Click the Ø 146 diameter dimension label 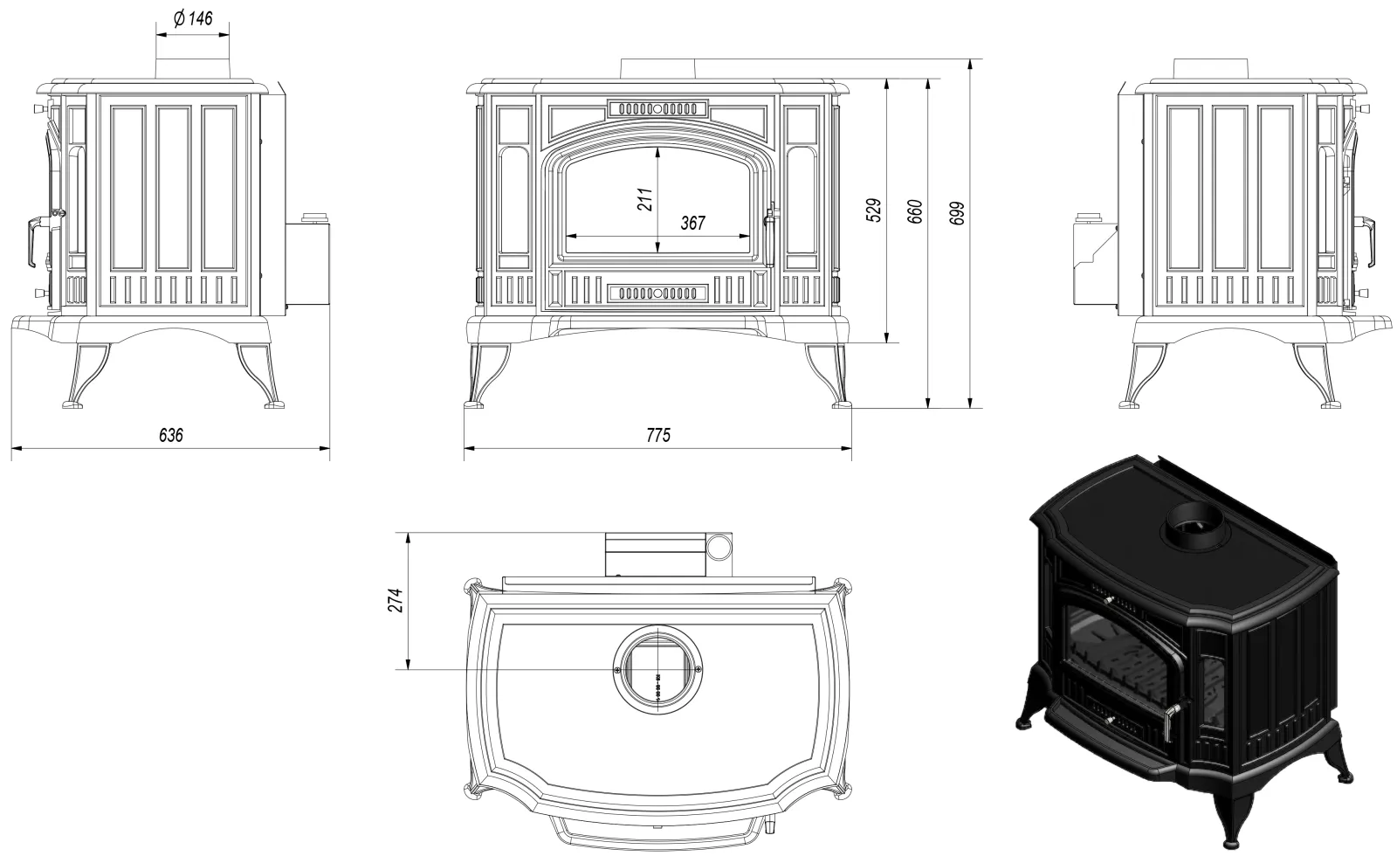[x=193, y=18]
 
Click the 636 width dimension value [x=171, y=435]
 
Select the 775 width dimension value [x=659, y=435]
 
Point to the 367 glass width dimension [x=692, y=224]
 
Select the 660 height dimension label [x=915, y=212]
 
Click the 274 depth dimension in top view [x=396, y=600]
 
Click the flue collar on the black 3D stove [x=1194, y=526]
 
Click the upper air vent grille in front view [x=657, y=109]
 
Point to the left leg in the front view [x=485, y=376]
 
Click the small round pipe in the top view [x=719, y=547]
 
